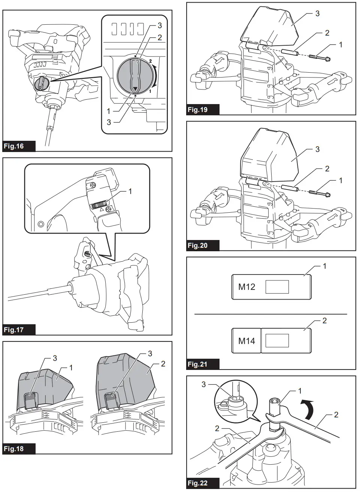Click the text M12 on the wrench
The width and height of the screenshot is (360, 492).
point(246,287)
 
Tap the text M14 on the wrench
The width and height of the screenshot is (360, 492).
point(246,341)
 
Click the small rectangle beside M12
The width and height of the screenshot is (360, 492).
point(277,287)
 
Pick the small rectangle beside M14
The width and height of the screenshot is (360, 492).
point(277,341)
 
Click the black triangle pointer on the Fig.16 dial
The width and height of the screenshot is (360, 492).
point(135,89)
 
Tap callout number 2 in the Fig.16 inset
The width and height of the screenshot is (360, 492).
point(160,37)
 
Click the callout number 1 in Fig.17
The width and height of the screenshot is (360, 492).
point(130,191)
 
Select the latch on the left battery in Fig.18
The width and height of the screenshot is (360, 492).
point(31,401)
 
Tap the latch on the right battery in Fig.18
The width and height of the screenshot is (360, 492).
point(111,401)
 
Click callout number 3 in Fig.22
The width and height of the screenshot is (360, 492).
point(204,385)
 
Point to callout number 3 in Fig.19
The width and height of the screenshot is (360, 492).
point(317,14)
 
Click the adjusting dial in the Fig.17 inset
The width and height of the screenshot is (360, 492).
point(100,204)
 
